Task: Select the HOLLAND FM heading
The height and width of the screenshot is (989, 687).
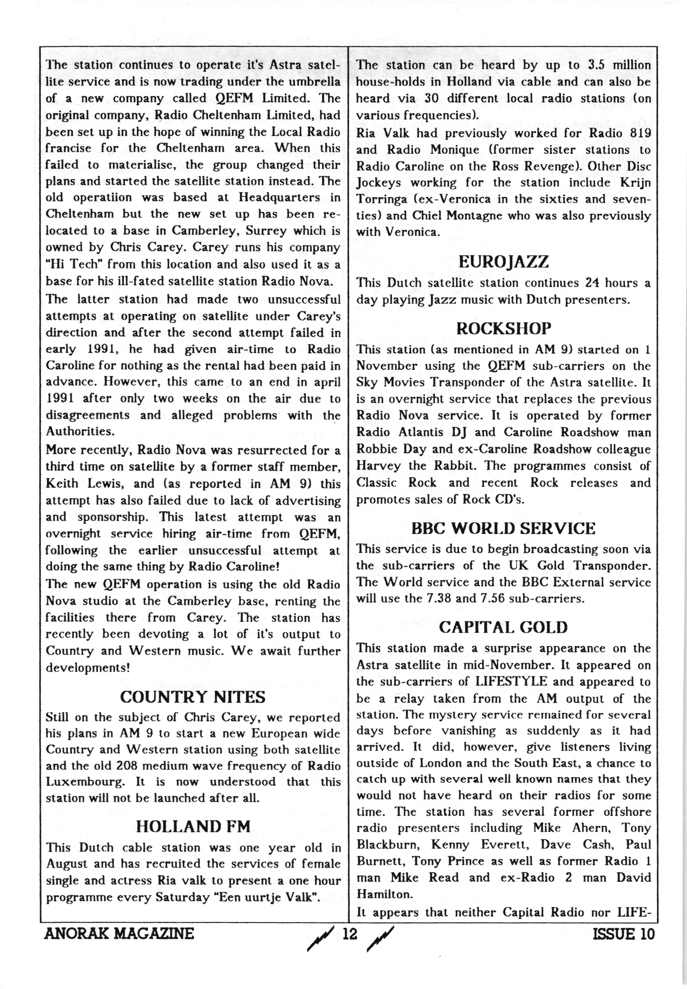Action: (x=193, y=826)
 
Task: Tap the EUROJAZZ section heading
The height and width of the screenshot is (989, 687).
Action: (x=503, y=262)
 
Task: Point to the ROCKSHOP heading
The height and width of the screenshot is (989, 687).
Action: (x=503, y=329)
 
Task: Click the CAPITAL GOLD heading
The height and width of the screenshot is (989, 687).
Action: (x=503, y=627)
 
